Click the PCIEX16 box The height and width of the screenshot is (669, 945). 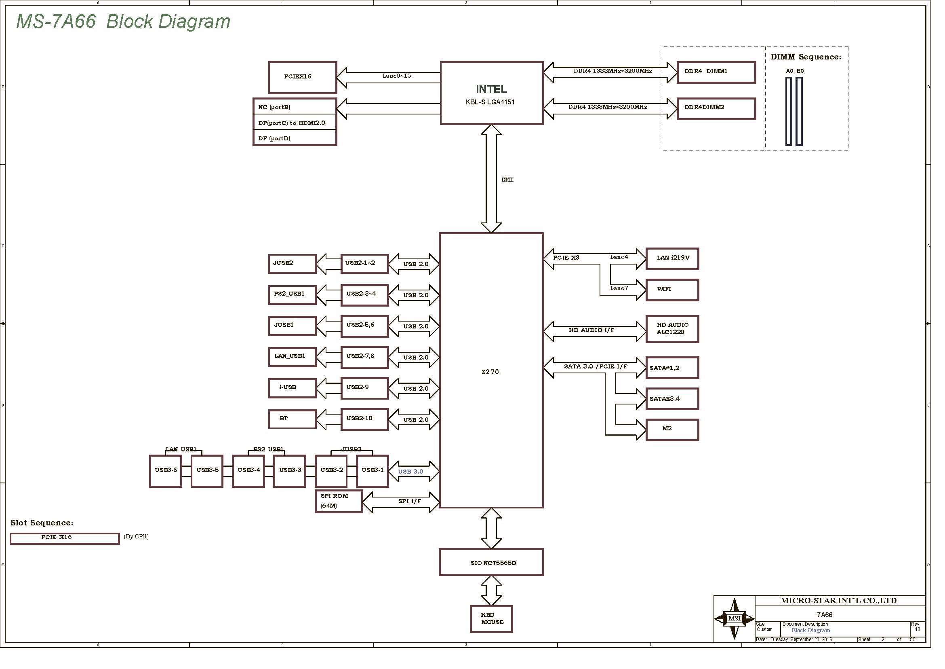click(x=303, y=77)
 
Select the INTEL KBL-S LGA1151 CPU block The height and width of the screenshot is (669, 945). click(x=492, y=93)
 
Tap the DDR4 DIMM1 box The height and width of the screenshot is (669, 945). click(x=716, y=72)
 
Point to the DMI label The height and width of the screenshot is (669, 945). click(x=507, y=180)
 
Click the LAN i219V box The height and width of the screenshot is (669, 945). click(x=673, y=259)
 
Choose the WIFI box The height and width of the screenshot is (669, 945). click(x=673, y=290)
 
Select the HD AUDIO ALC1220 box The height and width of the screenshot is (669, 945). click(x=673, y=329)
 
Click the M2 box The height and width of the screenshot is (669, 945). click(x=673, y=430)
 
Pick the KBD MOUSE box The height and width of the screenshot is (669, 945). click(x=491, y=619)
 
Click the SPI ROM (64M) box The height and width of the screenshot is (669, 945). click(x=339, y=501)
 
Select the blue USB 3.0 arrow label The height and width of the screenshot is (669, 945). click(x=410, y=472)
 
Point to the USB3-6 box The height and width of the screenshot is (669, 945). click(x=166, y=471)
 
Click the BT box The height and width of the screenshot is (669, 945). click(x=292, y=419)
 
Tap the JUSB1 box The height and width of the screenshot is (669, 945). click(x=292, y=326)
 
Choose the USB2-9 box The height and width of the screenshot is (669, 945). click(x=365, y=388)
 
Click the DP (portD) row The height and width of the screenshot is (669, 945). click(x=295, y=138)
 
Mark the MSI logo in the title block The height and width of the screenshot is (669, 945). click(x=734, y=618)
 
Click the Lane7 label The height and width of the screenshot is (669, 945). click(x=619, y=288)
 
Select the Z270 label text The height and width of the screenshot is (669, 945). click(x=490, y=372)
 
